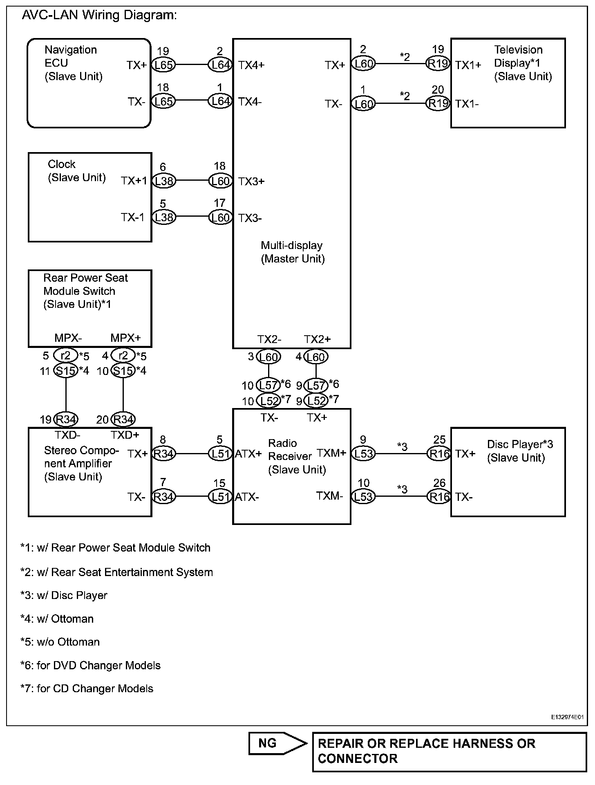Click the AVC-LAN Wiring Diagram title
99,15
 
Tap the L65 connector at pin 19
163,65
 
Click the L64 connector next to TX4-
220,101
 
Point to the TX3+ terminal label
251,182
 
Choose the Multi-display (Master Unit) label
293,252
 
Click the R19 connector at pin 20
438,103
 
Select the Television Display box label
523,63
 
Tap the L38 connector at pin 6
163,181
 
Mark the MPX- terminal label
68,338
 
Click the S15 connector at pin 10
123,371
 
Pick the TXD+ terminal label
125,435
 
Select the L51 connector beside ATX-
220,497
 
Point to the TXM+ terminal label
331,453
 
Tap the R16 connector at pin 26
438,497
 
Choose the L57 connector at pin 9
316,385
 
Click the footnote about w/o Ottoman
60,642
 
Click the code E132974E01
567,717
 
